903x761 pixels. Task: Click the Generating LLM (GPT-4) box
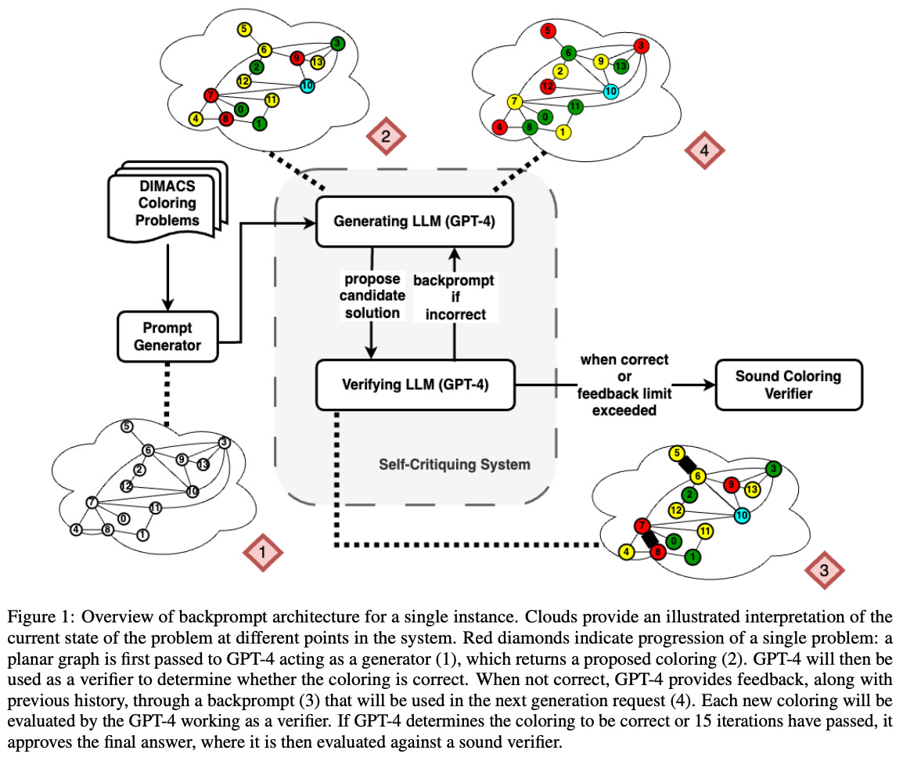click(415, 222)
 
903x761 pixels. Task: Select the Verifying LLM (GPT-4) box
click(415, 384)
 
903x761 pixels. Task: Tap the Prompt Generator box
click(167, 336)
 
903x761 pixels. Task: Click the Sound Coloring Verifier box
click(788, 384)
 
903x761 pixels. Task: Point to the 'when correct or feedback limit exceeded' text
click(624, 384)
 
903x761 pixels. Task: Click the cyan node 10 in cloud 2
click(306, 86)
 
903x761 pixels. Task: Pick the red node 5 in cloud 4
click(549, 31)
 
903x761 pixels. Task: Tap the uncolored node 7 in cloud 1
click(92, 502)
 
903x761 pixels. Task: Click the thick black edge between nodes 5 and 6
click(688, 465)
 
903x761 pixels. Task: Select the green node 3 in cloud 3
click(773, 469)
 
